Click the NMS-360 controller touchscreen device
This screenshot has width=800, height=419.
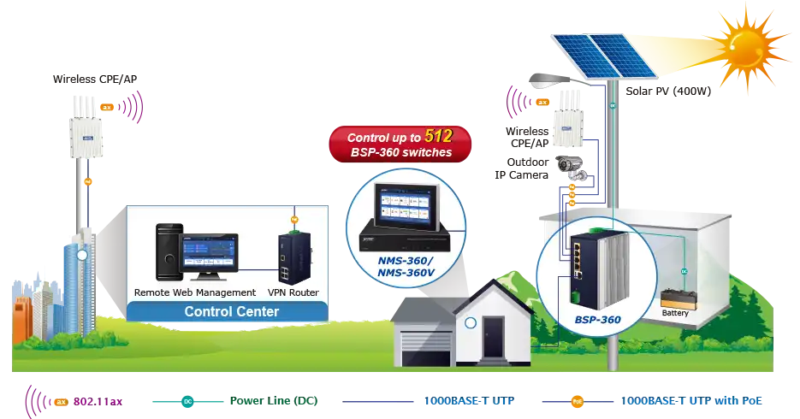[x=405, y=214]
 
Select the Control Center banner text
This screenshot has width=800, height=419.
[x=231, y=311]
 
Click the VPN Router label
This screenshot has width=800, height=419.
[x=293, y=292]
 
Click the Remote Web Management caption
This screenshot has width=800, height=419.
[x=195, y=292]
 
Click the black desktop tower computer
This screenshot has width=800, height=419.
[x=168, y=252]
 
